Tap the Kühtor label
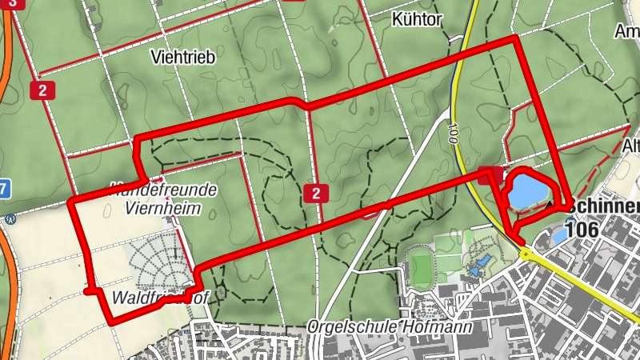tap(418, 19)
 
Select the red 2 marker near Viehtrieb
tap(41, 90)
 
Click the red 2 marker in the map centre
tap(317, 193)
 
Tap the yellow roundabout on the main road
tap(525, 254)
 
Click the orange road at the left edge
tap(8, 264)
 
